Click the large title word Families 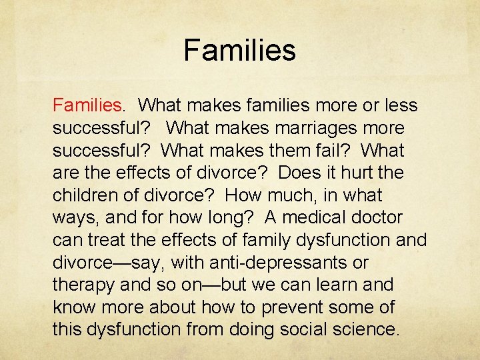point(239,51)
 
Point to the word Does point(297,173)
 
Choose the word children point(86,196)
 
